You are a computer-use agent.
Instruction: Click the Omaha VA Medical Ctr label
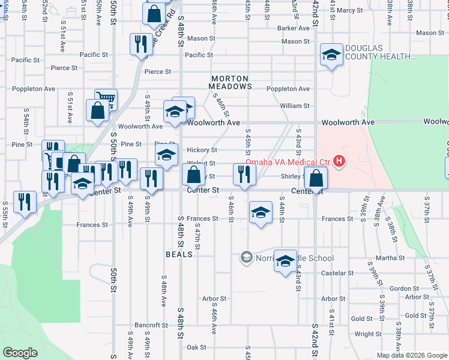point(287,161)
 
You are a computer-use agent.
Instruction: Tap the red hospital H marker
point(340,161)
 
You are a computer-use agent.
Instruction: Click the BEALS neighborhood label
point(179,254)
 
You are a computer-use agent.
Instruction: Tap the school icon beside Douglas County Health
point(330,56)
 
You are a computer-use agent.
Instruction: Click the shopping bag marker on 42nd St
point(315,178)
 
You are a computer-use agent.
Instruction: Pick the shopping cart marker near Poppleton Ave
point(106,99)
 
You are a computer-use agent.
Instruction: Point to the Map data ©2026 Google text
point(412,355)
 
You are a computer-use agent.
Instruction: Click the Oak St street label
point(196,347)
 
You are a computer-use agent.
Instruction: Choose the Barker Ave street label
point(293,28)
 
